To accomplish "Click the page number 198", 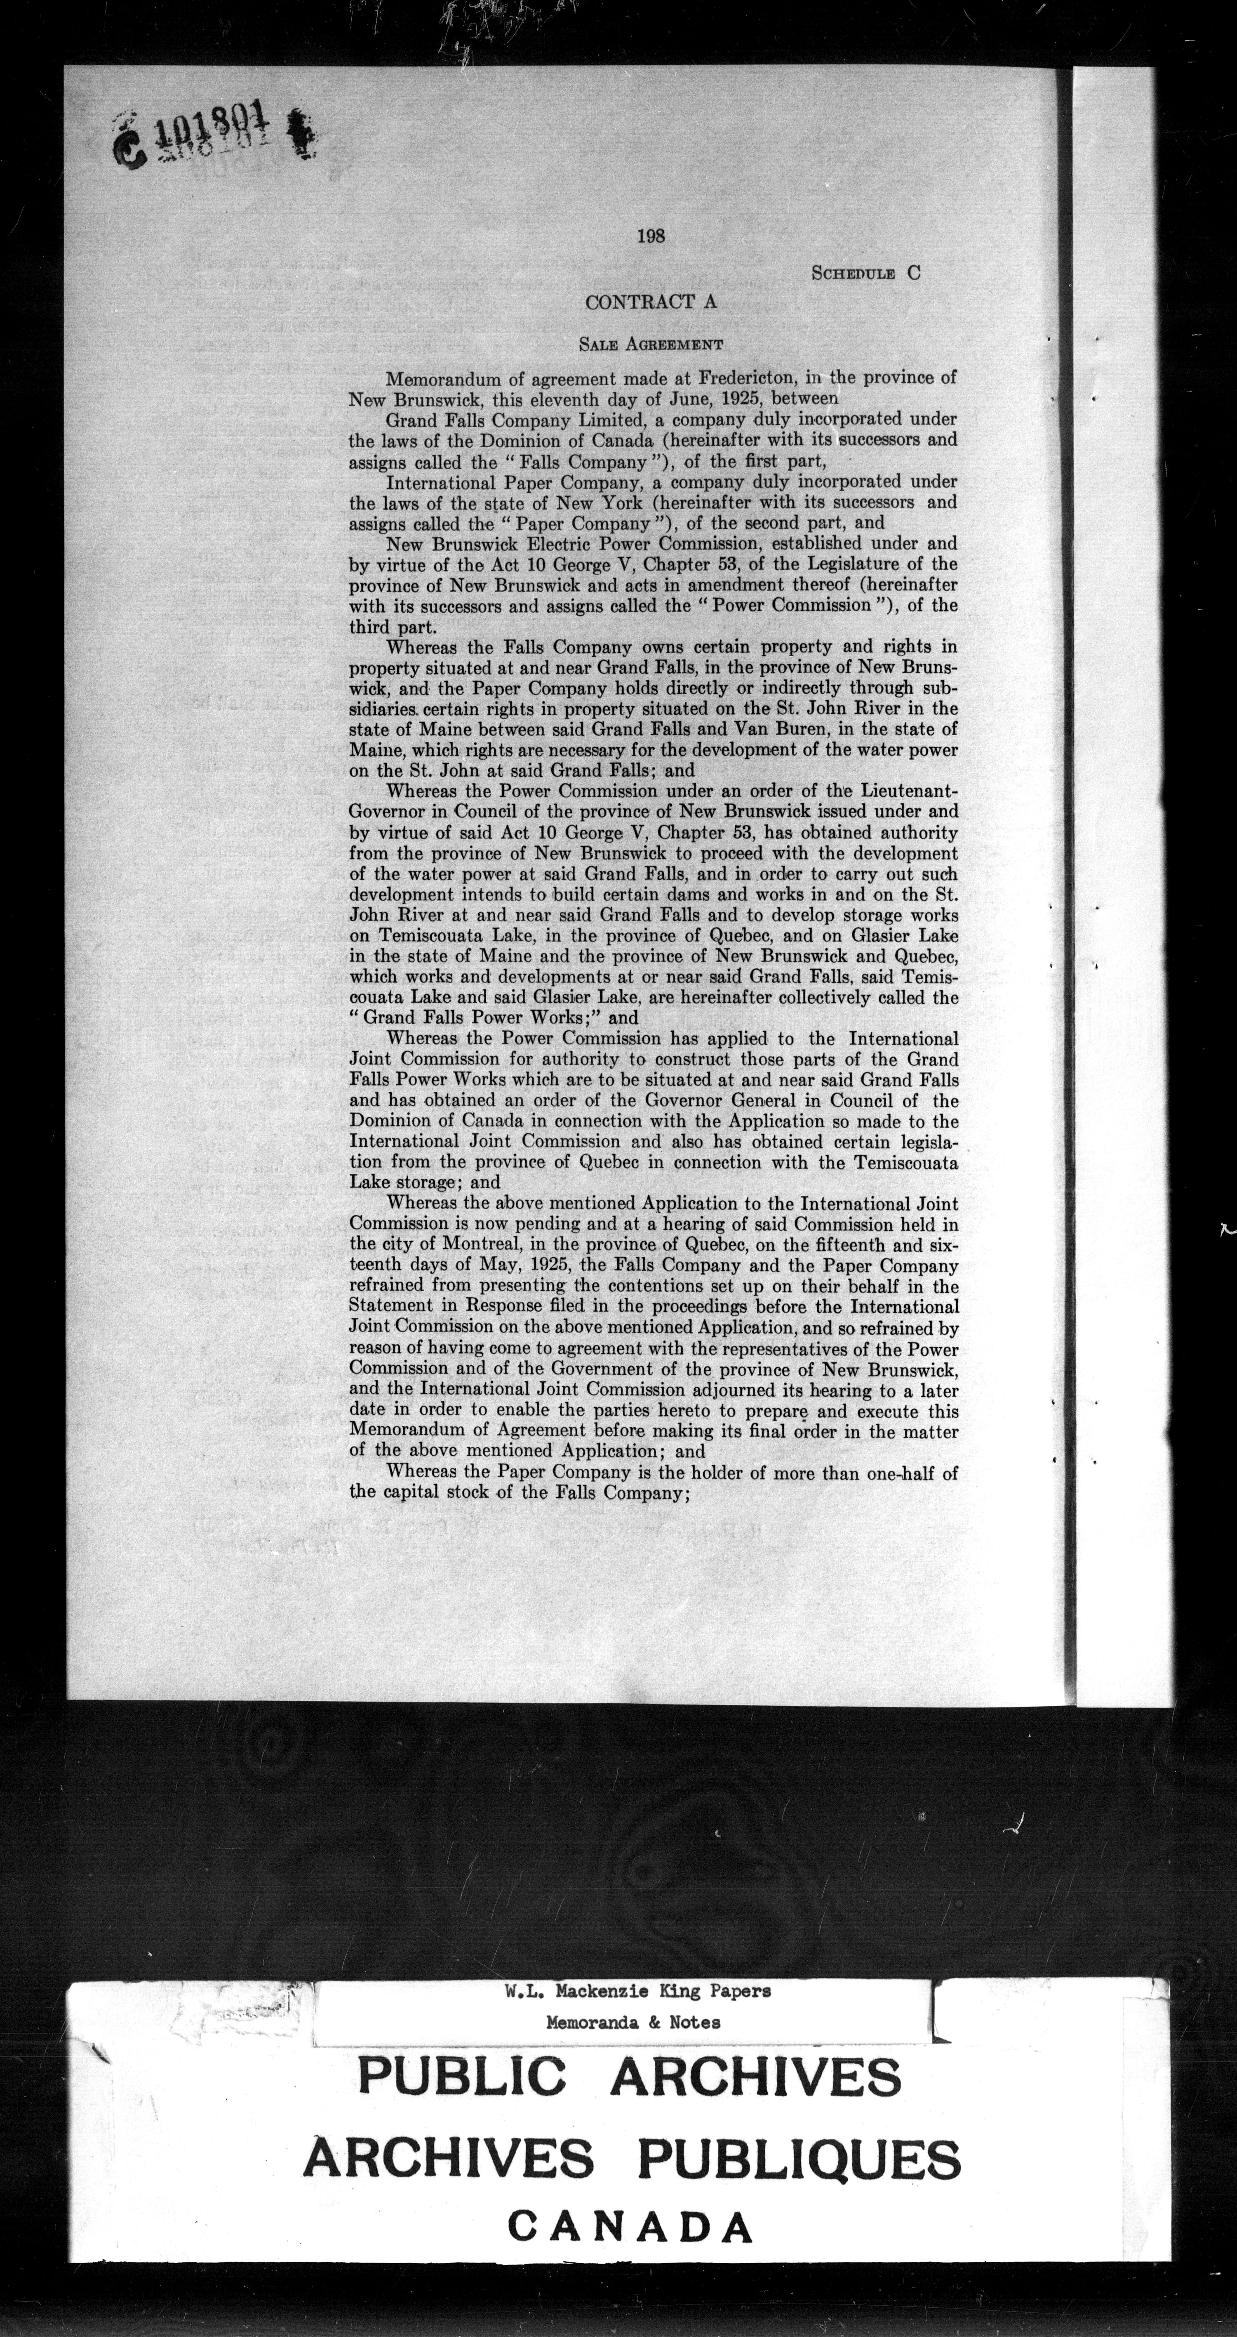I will [651, 236].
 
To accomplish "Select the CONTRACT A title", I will [651, 302].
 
